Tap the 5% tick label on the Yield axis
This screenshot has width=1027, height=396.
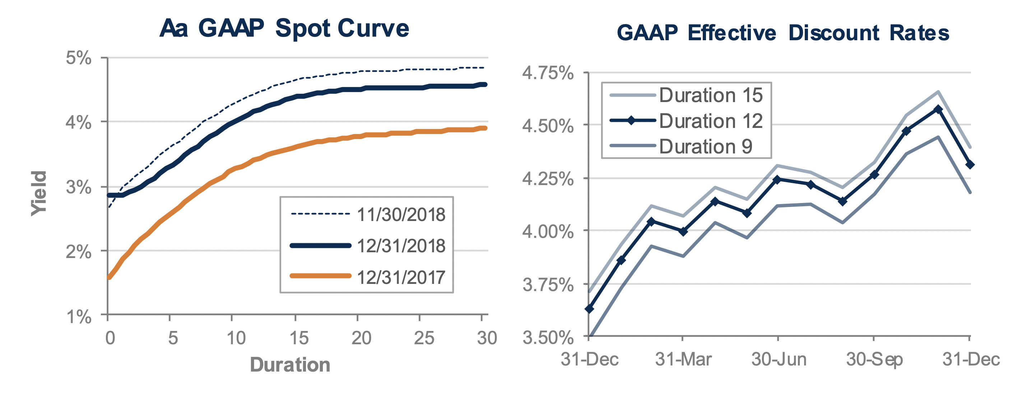click(x=79, y=58)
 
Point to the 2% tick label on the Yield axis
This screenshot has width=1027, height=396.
click(x=79, y=252)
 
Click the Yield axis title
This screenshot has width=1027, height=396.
click(x=39, y=193)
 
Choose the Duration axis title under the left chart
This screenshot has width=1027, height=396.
click(x=290, y=365)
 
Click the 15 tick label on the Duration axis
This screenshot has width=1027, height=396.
click(x=299, y=338)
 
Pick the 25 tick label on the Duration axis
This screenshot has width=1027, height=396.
click(x=424, y=338)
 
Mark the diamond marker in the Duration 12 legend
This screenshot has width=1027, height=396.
click(x=631, y=120)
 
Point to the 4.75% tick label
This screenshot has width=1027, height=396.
click(x=548, y=73)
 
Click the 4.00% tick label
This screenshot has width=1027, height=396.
click(x=548, y=231)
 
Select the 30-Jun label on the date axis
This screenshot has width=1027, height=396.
click(x=779, y=359)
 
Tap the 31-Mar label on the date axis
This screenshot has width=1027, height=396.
click(x=683, y=359)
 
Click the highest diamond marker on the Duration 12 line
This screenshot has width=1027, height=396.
click(x=938, y=109)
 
